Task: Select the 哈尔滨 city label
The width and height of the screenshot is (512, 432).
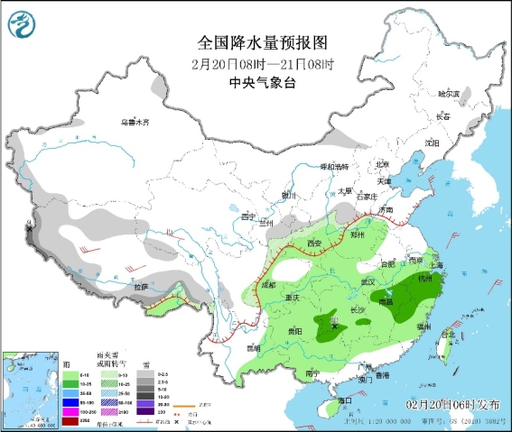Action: coord(449,94)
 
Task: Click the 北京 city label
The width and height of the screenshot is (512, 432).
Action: coord(382,165)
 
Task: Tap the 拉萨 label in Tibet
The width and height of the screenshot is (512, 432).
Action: coord(140,287)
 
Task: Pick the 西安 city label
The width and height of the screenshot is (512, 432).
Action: coord(313,244)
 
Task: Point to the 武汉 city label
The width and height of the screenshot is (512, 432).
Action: coord(368,282)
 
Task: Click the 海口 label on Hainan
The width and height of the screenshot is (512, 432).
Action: coord(344,400)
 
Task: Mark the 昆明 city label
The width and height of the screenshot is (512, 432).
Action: coord(252,347)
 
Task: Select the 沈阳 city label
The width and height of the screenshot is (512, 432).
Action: coord(432,142)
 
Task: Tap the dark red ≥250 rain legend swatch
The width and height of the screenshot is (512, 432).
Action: coord(19,419)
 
